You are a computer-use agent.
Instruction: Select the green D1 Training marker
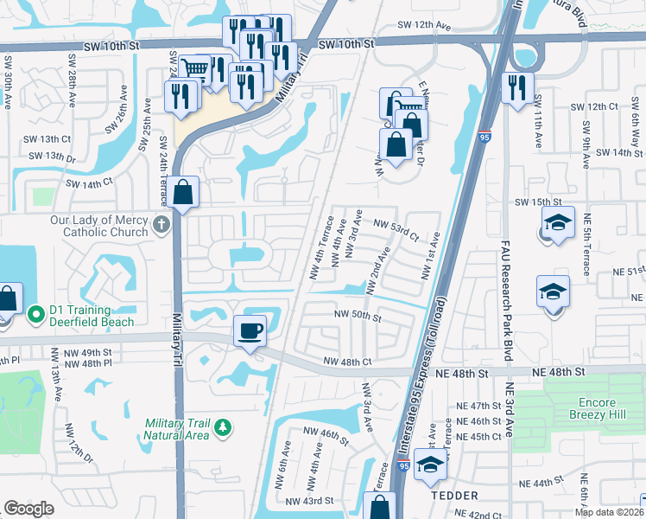(35, 313)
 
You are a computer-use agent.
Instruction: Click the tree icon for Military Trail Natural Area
(223, 427)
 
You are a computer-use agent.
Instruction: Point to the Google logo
(28, 509)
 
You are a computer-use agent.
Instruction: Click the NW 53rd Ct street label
(395, 229)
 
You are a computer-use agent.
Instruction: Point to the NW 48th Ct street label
(347, 362)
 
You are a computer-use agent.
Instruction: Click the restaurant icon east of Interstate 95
(517, 88)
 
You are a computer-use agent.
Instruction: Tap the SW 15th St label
(533, 202)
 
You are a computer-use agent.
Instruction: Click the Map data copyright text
(610, 511)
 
